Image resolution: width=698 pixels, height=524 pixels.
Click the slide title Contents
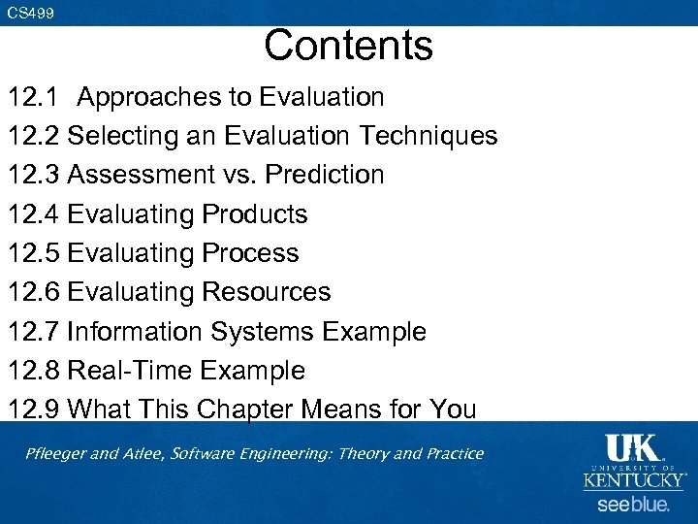[x=348, y=46]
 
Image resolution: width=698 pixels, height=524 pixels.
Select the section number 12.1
[x=34, y=97]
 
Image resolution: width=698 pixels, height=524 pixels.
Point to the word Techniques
[x=428, y=136]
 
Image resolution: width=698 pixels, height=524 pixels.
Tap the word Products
[x=255, y=214]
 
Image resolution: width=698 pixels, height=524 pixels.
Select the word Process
[x=250, y=253]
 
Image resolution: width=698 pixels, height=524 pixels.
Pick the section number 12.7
[x=34, y=332]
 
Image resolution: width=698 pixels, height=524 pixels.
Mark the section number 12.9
[x=34, y=409]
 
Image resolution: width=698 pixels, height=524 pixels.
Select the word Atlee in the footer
[x=144, y=454]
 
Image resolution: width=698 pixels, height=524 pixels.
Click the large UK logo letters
[x=631, y=448]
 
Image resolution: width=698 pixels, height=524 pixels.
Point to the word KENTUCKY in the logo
[x=633, y=480]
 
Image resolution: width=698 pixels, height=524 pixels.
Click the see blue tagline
[x=632, y=505]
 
